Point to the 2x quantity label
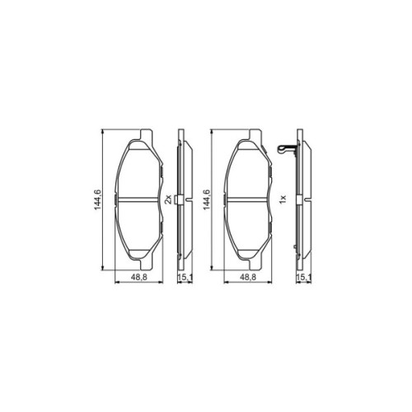pyautogui.click(x=169, y=199)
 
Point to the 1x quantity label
pyautogui.click(x=282, y=199)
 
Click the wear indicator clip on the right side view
pyautogui.click(x=286, y=150)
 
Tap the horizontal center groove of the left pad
pyautogui.click(x=137, y=199)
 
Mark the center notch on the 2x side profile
pyautogui.click(x=190, y=199)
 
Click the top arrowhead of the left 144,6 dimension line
pyautogui.click(x=102, y=131)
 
